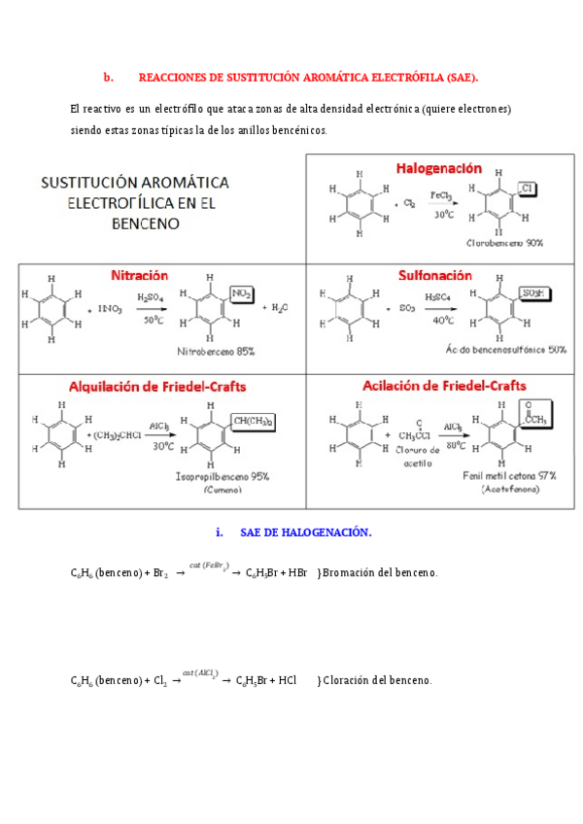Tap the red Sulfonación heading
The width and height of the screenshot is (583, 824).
tap(435, 275)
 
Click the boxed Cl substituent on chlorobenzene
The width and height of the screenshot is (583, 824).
tap(528, 188)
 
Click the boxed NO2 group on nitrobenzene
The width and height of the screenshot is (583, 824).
tap(242, 293)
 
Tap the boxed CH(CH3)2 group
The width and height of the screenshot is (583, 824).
tap(253, 420)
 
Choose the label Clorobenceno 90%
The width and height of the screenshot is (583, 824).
tap(504, 243)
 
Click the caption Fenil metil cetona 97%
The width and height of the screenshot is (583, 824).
tap(509, 476)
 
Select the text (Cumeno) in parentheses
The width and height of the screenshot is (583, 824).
tap(224, 491)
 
